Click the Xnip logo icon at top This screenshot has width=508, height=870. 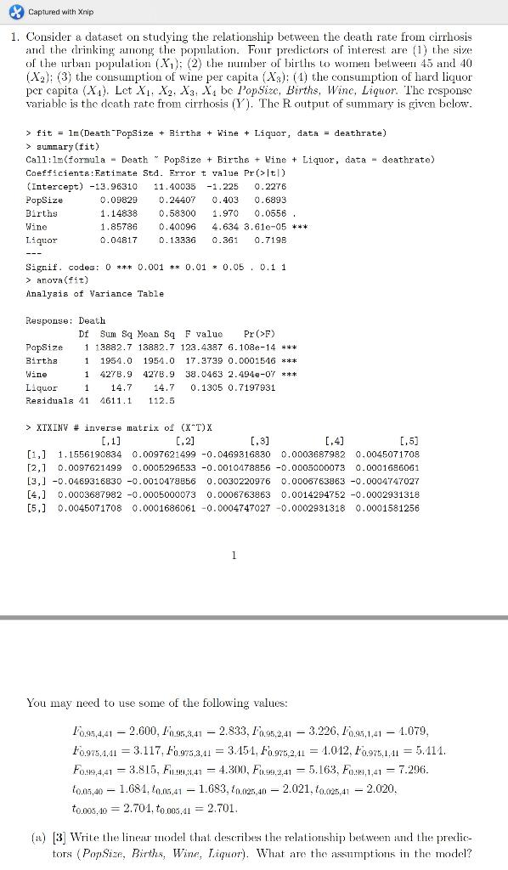pos(12,12)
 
